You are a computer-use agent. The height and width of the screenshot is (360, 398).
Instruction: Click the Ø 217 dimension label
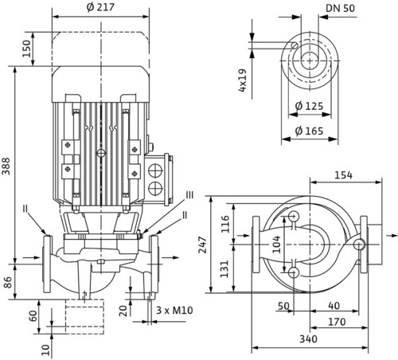100,7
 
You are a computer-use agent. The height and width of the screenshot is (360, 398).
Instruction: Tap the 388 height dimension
6,166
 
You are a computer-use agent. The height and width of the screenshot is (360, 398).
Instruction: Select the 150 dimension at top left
26,49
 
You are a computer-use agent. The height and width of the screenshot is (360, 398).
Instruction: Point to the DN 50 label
340,8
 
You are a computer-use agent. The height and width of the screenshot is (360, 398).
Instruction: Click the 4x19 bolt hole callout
243,80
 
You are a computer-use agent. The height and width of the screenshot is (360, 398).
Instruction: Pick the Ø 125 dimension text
309,106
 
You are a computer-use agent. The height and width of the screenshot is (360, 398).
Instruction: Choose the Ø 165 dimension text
309,131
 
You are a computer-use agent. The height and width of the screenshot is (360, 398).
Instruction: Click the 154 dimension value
343,175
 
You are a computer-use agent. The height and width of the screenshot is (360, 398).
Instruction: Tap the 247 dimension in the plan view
203,245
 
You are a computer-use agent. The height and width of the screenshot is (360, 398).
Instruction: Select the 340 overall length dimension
308,339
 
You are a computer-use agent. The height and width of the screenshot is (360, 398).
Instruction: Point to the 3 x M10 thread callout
174,310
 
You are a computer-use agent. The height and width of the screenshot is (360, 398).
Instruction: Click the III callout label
189,195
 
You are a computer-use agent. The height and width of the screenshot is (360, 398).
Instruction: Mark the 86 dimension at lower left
8,283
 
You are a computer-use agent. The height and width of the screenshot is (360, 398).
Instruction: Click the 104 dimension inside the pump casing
276,245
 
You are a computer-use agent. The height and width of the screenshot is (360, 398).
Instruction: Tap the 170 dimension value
337,322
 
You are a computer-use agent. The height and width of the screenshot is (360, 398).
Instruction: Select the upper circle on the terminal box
155,170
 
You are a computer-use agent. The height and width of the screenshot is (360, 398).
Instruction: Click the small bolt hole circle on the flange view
295,45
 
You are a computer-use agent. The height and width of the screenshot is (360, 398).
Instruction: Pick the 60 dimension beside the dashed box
33,316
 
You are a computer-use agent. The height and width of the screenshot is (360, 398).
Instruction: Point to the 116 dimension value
225,224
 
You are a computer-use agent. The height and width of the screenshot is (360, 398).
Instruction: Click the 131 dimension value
224,268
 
